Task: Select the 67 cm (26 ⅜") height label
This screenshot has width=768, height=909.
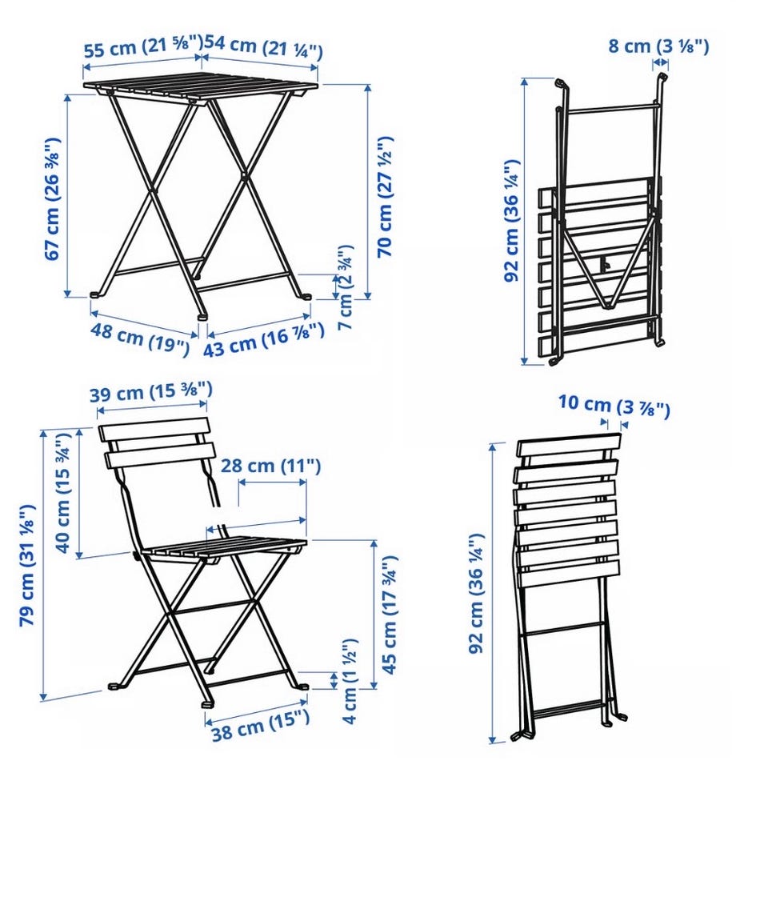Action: tap(52, 198)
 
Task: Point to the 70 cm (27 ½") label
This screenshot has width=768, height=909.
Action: tap(385, 197)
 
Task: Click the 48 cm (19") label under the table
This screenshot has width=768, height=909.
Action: tap(140, 338)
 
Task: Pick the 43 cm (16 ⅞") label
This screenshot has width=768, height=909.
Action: tap(263, 341)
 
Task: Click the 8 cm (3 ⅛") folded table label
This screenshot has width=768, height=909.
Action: tap(658, 46)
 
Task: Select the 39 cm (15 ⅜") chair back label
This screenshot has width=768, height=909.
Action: tap(150, 391)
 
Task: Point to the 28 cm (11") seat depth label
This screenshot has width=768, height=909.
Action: tap(270, 466)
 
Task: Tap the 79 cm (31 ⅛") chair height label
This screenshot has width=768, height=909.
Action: tap(27, 565)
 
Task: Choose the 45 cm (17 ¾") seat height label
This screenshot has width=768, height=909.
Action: tap(389, 615)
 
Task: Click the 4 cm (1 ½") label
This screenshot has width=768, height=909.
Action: tap(350, 681)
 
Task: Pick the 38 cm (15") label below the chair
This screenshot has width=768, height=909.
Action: tap(260, 725)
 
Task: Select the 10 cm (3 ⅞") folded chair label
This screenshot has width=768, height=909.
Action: tap(614, 406)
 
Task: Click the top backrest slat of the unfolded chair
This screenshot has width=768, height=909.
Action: tap(153, 430)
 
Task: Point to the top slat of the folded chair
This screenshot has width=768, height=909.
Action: tap(569, 445)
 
